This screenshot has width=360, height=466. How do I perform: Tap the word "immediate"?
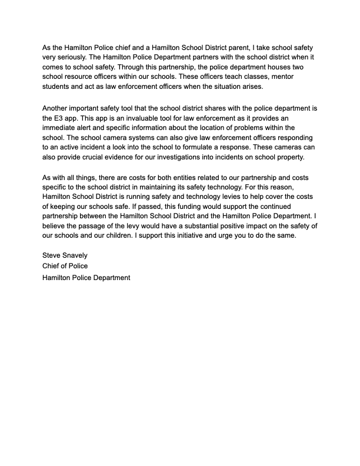point(62,128)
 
